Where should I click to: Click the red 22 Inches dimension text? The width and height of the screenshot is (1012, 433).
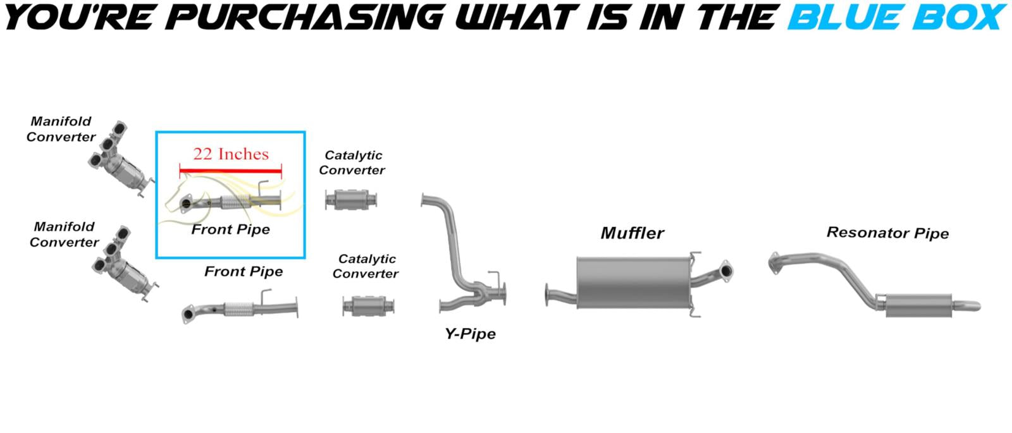click(231, 154)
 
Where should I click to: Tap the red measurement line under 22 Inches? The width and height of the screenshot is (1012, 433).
click(230, 170)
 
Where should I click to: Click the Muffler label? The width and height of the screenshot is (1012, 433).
click(632, 233)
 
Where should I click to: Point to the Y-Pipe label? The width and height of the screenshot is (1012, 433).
click(470, 334)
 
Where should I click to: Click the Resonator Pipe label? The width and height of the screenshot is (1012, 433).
click(887, 233)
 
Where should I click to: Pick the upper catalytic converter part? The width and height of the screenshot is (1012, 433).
click(353, 200)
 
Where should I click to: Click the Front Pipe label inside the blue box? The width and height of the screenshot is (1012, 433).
click(231, 229)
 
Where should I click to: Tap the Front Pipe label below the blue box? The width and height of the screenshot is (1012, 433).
click(244, 272)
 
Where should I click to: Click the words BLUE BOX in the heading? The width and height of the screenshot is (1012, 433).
click(896, 17)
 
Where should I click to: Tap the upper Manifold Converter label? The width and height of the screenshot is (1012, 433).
click(61, 129)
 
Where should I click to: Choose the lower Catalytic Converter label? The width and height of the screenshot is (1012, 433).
click(366, 266)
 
